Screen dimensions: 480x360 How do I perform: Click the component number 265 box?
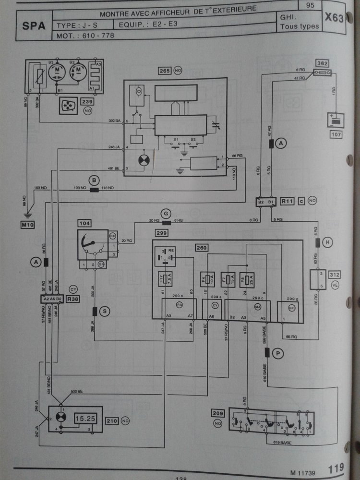(x=165, y=71)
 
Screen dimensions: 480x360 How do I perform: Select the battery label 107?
(x=336, y=134)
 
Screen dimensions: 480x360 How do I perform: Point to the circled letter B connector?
(x=94, y=180)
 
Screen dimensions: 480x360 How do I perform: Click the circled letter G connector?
(x=166, y=213)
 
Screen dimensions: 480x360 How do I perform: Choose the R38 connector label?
(x=73, y=299)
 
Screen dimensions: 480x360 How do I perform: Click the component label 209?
(x=217, y=412)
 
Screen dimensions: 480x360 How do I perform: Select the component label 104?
(x=84, y=223)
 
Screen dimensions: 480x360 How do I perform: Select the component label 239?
(x=87, y=101)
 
